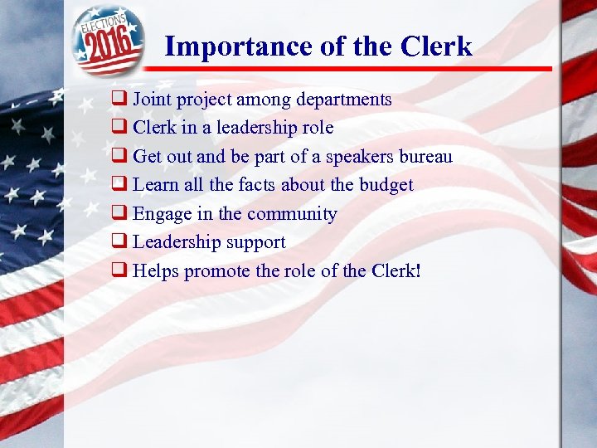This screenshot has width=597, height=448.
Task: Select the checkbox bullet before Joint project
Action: tap(119, 100)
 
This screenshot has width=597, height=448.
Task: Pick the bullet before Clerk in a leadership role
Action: tap(119, 128)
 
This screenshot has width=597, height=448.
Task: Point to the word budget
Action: tap(386, 184)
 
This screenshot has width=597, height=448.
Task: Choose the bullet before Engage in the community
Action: tap(119, 214)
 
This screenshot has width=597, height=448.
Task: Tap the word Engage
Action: tap(162, 214)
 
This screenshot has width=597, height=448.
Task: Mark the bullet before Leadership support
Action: tap(119, 242)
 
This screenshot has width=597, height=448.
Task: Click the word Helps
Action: tap(156, 270)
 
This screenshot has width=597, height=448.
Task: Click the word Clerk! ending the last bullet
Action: tap(395, 270)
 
